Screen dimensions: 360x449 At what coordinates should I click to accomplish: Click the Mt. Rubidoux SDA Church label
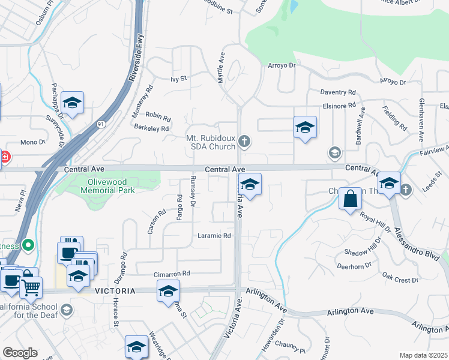click(x=209, y=142)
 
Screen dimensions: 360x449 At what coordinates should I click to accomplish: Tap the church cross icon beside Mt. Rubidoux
click(x=244, y=142)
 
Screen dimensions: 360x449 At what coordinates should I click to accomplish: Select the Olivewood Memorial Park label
click(x=108, y=186)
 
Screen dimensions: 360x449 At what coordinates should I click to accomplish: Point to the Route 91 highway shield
click(x=101, y=124)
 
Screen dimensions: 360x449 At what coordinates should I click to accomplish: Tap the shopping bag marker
click(x=351, y=198)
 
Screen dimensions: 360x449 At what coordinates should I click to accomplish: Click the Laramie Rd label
click(x=214, y=236)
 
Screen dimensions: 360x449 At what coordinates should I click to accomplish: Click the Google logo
click(x=20, y=353)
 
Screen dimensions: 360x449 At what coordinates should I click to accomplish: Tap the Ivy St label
click(x=179, y=79)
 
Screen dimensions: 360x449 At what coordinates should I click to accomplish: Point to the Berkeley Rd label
click(x=152, y=128)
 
